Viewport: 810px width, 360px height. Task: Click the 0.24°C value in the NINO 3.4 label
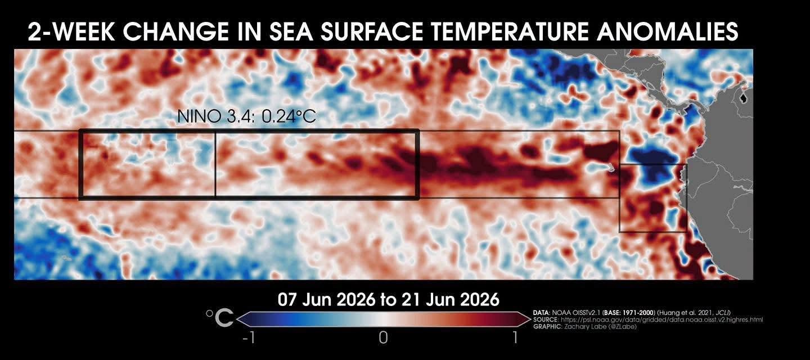(289, 116)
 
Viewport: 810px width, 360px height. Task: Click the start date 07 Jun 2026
(326, 300)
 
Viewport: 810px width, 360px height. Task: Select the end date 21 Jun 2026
(451, 300)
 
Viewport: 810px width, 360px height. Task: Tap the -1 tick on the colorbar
(249, 338)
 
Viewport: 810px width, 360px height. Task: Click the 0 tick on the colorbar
(383, 338)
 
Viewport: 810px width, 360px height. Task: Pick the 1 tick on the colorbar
(515, 338)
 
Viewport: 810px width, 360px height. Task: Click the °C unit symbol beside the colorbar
(219, 318)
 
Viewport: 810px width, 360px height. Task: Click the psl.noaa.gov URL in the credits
(661, 320)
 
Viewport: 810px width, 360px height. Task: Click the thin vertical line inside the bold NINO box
(215, 164)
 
